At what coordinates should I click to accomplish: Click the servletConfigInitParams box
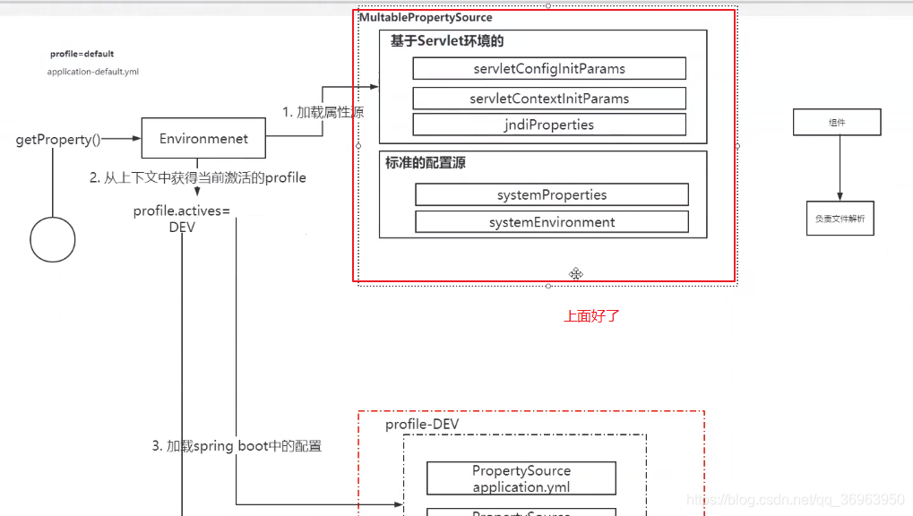(549, 69)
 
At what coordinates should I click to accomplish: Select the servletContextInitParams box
(549, 99)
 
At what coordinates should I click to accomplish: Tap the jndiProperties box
(549, 125)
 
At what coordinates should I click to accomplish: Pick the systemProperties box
(552, 195)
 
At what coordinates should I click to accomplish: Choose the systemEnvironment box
(552, 222)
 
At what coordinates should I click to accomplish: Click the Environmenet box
(203, 139)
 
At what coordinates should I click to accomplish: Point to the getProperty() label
(58, 140)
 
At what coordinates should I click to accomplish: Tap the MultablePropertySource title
(426, 18)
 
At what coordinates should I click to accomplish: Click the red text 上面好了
(591, 316)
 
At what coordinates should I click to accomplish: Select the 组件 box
(837, 123)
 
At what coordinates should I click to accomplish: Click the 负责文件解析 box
(840, 219)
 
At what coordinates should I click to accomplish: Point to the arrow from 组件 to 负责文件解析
(840, 168)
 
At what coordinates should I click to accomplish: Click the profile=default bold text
(82, 54)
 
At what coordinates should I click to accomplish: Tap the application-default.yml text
(93, 72)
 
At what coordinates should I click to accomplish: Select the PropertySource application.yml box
(521, 479)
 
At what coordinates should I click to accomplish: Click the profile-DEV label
(422, 425)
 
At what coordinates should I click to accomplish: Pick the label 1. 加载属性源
(323, 113)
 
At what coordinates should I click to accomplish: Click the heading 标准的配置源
(426, 163)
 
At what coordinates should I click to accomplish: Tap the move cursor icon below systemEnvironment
(576, 273)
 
